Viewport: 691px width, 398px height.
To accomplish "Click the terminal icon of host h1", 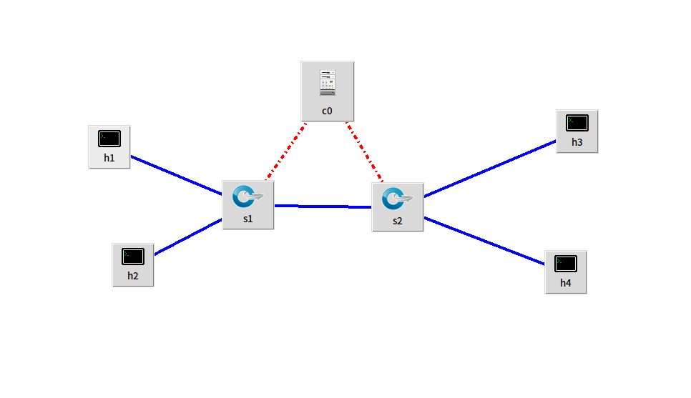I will tap(109, 139).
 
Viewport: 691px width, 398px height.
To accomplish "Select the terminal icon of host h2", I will tap(133, 256).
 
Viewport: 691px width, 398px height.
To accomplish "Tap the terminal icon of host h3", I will tap(577, 123).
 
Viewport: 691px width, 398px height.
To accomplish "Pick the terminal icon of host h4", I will tap(565, 263).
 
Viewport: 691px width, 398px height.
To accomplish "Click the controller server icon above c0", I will tap(328, 84).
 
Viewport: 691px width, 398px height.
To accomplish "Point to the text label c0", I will tap(327, 111).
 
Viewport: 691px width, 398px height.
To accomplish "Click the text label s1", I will tap(248, 219).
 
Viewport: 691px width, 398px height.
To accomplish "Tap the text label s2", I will tap(397, 221).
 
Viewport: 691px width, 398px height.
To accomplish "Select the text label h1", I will tap(109, 158).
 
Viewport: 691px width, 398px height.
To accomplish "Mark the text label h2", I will tap(133, 275).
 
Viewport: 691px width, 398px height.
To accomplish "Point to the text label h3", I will tap(577, 142).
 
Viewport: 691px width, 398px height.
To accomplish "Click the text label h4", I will tap(565, 283).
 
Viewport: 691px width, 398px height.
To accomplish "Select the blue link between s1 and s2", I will tap(323, 207).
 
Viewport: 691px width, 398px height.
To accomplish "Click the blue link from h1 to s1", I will tap(176, 175).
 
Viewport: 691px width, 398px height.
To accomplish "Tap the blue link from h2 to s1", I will tap(188, 237).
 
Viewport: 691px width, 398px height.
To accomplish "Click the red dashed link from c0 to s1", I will tap(286, 151).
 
